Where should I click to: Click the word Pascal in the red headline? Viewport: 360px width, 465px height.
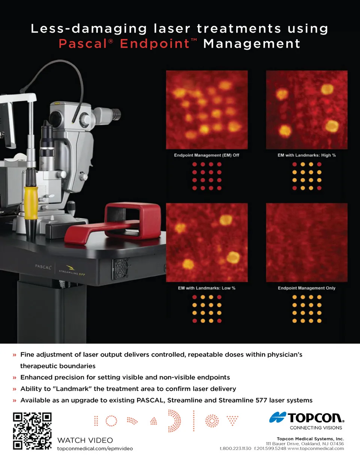pyautogui.click(x=83, y=43)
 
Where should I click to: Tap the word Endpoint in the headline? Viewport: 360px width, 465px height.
pyautogui.click(x=154, y=44)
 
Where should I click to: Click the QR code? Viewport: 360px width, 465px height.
pyautogui.click(x=32, y=431)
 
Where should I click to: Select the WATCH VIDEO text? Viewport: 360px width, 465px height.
pyautogui.click(x=85, y=440)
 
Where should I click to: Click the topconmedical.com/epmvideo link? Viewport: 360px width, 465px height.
pyautogui.click(x=95, y=448)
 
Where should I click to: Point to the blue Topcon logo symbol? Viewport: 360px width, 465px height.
pyautogui.click(x=277, y=417)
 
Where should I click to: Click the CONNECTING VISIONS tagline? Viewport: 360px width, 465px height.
pyautogui.click(x=316, y=428)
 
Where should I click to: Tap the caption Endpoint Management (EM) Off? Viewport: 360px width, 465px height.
pyautogui.click(x=207, y=155)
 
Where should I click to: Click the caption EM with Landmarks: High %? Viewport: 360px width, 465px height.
pyautogui.click(x=307, y=155)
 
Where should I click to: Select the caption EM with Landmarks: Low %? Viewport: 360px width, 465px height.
pyautogui.click(x=207, y=288)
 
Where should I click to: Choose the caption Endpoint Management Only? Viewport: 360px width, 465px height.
pyautogui.click(x=306, y=288)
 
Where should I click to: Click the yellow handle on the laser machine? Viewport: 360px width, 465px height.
pyautogui.click(x=31, y=203)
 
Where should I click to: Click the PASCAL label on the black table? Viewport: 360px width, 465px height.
pyautogui.click(x=43, y=267)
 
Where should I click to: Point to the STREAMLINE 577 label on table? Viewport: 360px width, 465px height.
pyautogui.click(x=72, y=272)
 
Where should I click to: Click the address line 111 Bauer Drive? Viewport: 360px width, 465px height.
pyautogui.click(x=305, y=444)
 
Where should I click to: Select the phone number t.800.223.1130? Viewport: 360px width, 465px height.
pyautogui.click(x=235, y=448)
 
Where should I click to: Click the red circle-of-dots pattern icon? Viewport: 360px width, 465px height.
pyautogui.click(x=111, y=421)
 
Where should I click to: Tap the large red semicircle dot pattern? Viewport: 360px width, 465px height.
pyautogui.click(x=174, y=421)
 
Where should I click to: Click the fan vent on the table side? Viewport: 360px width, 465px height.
pyautogui.click(x=120, y=269)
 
